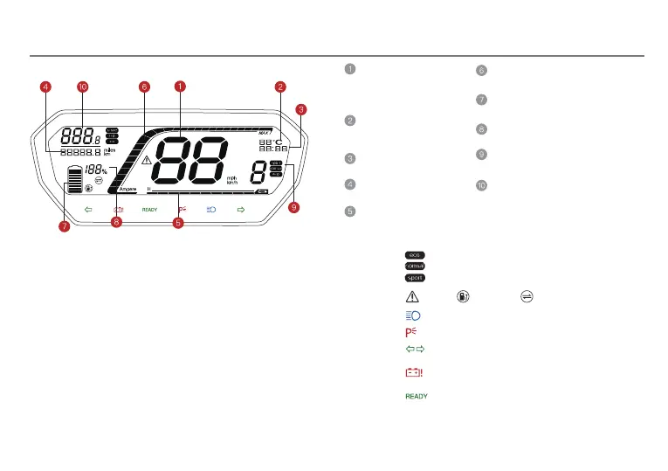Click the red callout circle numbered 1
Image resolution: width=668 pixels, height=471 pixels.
[179, 87]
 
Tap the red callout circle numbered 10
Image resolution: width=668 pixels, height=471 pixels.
[83, 87]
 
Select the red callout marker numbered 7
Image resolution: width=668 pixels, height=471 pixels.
[64, 226]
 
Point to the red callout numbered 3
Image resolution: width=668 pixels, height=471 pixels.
[300, 110]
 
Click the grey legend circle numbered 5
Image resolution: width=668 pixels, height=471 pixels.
[348, 211]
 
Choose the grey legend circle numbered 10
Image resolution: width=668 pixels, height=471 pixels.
[480, 185]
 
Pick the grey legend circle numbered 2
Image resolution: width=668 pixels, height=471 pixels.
[348, 121]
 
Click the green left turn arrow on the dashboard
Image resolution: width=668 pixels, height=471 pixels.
[88, 210]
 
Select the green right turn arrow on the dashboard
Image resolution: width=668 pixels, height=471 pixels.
[241, 210]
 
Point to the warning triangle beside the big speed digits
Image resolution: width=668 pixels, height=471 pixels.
[147, 160]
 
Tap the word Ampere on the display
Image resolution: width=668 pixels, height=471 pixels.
[118, 189]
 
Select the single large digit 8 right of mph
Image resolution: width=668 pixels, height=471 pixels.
[259, 171]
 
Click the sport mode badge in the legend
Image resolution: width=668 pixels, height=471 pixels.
[414, 277]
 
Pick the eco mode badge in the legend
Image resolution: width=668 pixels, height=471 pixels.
[414, 253]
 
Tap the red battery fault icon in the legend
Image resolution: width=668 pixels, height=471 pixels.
[413, 371]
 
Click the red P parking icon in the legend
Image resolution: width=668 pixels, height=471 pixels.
[411, 332]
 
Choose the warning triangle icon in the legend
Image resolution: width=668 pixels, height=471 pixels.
[413, 296]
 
